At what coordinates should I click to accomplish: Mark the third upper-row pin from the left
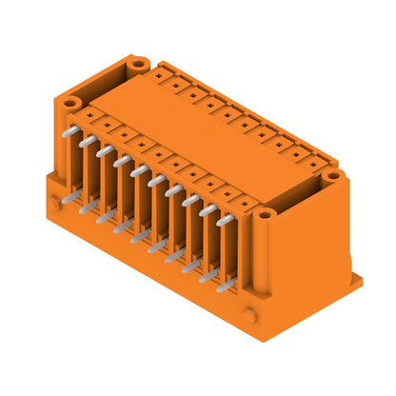click(120, 159)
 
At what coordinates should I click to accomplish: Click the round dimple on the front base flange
click(248, 314)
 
